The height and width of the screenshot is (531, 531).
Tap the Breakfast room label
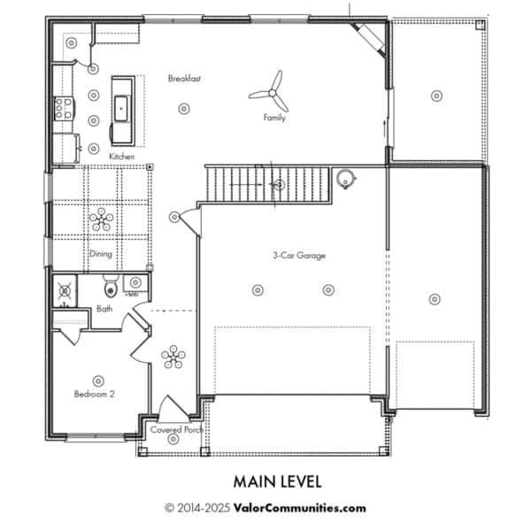pyautogui.click(x=184, y=79)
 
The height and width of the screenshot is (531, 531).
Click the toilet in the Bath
pyautogui.click(x=111, y=287)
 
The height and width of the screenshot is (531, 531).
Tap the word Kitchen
pyautogui.click(x=122, y=157)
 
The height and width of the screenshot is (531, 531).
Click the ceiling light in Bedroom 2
pyautogui.click(x=98, y=381)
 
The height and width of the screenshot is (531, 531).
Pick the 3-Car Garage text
pyautogui.click(x=299, y=256)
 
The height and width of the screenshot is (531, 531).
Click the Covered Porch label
pyautogui.click(x=176, y=430)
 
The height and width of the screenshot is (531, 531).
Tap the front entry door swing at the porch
pyautogui.click(x=172, y=407)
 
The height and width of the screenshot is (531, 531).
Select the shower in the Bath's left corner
pyautogui.click(x=65, y=290)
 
